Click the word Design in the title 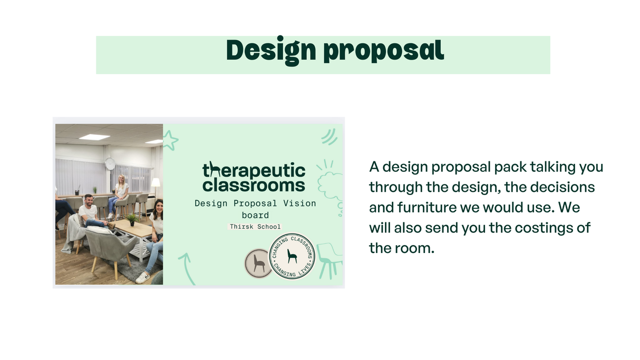pyautogui.click(x=271, y=51)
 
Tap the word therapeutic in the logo pyautogui.click(x=254, y=170)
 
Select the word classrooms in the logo pyautogui.click(x=254, y=185)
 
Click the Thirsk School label pyautogui.click(x=255, y=227)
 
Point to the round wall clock pyautogui.click(x=110, y=164)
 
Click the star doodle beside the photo pyautogui.click(x=170, y=140)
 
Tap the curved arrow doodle pyautogui.click(x=186, y=269)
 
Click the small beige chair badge pyautogui.click(x=258, y=263)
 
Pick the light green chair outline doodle pyautogui.click(x=329, y=260)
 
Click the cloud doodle pyautogui.click(x=329, y=185)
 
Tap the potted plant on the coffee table pyautogui.click(x=132, y=219)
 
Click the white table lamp pyautogui.click(x=156, y=186)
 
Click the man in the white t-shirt pyautogui.click(x=91, y=211)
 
